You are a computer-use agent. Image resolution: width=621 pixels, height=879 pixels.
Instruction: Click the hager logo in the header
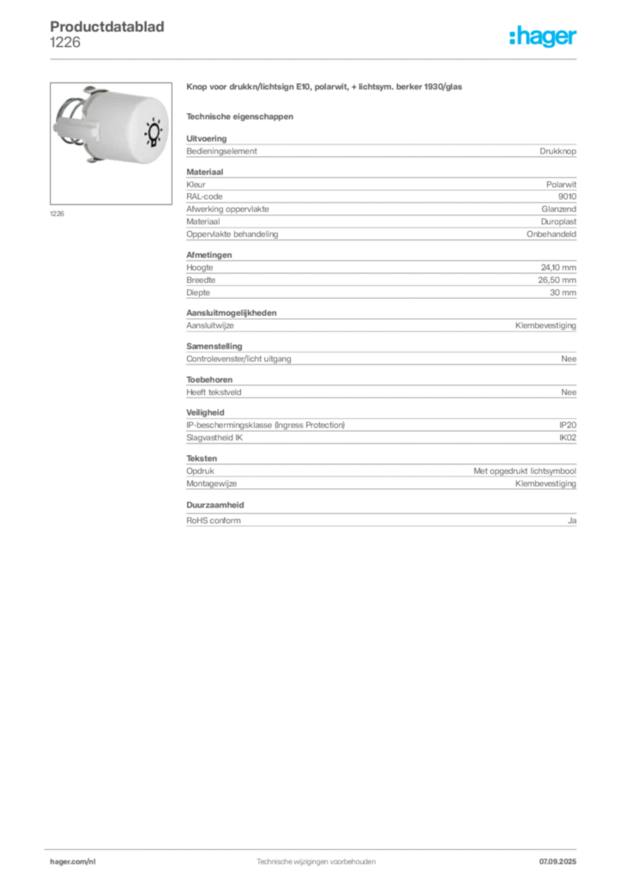(542, 36)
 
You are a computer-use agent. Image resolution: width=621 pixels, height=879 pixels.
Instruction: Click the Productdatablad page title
(107, 27)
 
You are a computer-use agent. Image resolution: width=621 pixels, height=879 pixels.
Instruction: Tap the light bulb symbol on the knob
(153, 132)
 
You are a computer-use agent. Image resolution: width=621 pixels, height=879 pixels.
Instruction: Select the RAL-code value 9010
(567, 197)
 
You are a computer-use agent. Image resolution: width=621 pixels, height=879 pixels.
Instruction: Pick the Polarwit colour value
(561, 185)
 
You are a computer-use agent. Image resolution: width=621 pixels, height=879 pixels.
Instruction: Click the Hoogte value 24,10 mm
(558, 268)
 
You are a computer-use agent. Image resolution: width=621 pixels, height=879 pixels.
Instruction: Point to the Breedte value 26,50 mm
(558, 280)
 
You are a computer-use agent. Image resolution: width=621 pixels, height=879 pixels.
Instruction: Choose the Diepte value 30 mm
(563, 293)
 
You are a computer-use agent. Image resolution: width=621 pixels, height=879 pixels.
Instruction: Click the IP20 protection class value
(567, 425)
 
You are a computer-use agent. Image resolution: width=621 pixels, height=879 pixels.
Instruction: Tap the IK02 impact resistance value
(567, 438)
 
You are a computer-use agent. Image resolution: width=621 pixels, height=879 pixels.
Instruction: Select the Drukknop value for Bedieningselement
(558, 151)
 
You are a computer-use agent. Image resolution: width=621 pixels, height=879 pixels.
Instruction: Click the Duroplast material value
(558, 221)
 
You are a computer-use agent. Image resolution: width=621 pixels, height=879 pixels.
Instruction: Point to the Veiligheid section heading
(205, 413)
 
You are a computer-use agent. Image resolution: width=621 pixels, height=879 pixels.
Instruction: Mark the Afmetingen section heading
(209, 255)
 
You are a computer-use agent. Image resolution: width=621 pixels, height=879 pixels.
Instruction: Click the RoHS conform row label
(214, 521)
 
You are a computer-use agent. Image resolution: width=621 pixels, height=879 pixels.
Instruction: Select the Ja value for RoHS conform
(572, 521)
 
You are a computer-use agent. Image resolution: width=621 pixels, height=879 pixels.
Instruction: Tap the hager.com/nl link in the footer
(73, 862)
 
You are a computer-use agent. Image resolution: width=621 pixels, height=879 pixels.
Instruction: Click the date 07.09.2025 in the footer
(558, 862)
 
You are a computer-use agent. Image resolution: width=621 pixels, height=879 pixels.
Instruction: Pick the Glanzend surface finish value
(558, 209)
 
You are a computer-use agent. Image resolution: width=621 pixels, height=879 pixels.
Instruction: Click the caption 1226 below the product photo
(57, 214)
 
